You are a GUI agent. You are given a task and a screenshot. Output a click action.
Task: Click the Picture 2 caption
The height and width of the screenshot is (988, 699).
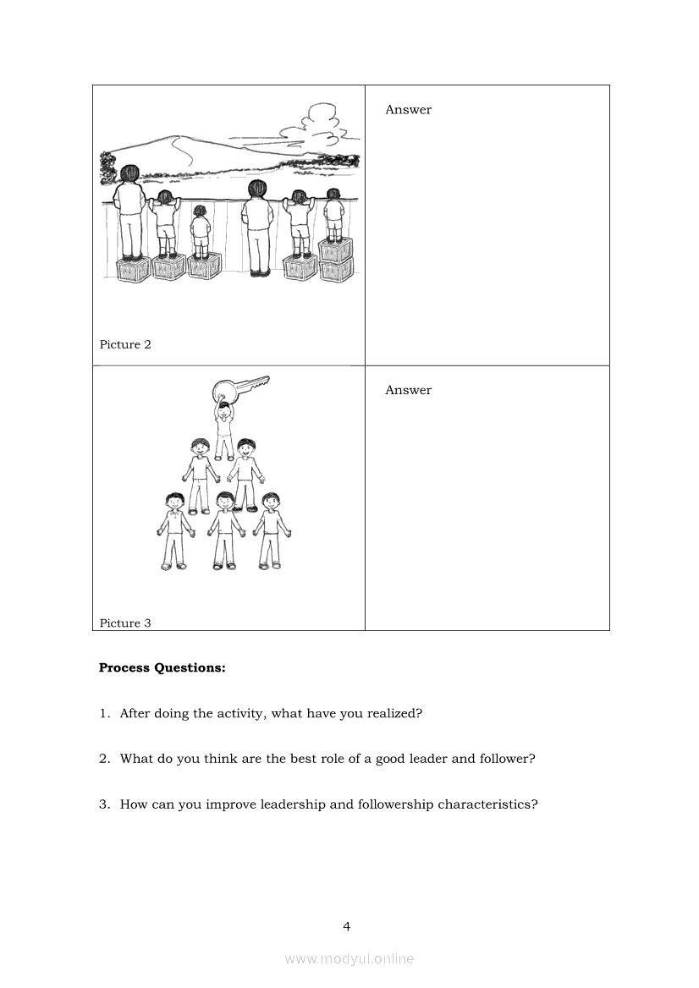(x=125, y=344)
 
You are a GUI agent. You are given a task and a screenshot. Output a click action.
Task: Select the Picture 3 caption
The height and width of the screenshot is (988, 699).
(x=125, y=623)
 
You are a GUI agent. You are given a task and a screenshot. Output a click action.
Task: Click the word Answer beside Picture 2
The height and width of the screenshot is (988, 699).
(x=409, y=110)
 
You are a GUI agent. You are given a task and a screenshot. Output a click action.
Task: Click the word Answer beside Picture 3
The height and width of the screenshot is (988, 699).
(x=409, y=390)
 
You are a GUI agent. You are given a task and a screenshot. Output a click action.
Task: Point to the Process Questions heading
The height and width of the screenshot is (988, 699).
(x=162, y=668)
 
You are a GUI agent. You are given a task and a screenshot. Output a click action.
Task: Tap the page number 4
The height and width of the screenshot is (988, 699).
(x=347, y=926)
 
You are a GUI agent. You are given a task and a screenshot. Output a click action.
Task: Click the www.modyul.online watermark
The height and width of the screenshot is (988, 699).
(x=349, y=959)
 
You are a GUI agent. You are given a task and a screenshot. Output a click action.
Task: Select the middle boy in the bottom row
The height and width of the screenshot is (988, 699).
(x=225, y=530)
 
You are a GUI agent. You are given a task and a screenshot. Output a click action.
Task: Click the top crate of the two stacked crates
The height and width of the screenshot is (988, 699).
(x=334, y=250)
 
